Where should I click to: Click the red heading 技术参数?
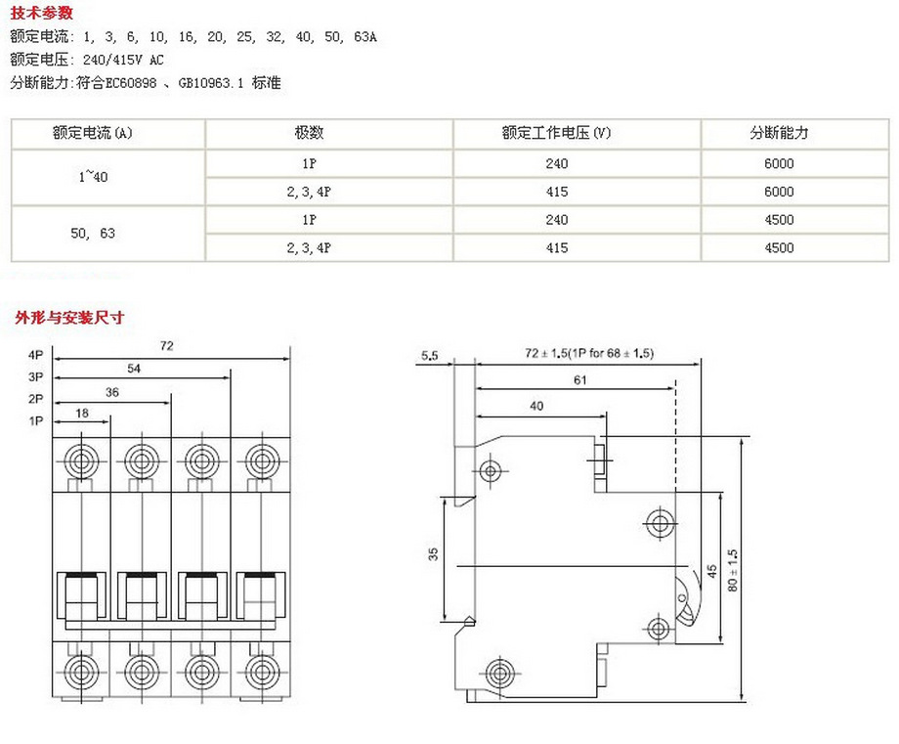[x=41, y=14]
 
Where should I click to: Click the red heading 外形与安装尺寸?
[x=69, y=318]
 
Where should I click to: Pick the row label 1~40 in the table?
[x=93, y=177]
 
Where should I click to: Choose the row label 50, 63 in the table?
[x=93, y=234]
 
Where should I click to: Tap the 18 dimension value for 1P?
[x=82, y=415]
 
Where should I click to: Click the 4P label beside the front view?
[x=36, y=356]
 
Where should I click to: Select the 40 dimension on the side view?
[x=536, y=404]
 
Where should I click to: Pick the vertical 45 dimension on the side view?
[x=711, y=570]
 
